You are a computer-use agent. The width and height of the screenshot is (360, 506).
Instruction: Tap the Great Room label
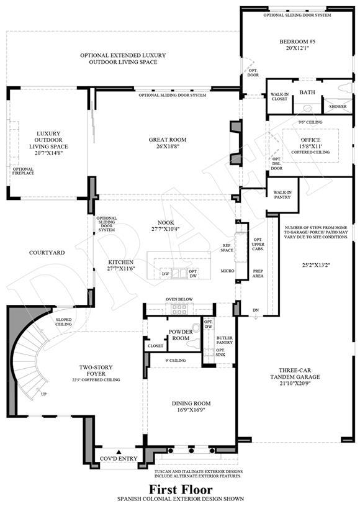tap(168, 140)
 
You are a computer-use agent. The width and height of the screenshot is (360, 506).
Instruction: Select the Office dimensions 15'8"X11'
tap(310, 146)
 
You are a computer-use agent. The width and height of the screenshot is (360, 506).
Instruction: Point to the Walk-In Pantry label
tap(282, 194)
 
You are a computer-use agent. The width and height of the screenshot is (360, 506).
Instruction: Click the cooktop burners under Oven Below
tap(178, 309)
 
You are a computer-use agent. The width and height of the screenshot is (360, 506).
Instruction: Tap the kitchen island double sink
tap(179, 273)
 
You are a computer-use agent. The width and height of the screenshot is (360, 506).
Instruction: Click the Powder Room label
tap(181, 335)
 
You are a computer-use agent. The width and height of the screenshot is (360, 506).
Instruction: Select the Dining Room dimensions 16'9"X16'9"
tap(191, 410)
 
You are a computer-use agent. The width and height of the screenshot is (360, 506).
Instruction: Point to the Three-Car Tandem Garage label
tap(295, 374)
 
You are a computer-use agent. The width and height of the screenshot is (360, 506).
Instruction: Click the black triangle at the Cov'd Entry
tap(119, 452)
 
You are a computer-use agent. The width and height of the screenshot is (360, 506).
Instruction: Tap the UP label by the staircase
tap(44, 394)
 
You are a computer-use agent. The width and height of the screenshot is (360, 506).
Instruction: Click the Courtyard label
tap(47, 253)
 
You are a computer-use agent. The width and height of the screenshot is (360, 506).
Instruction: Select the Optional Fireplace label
tap(23, 171)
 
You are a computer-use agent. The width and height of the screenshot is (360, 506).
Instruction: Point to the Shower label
tap(338, 107)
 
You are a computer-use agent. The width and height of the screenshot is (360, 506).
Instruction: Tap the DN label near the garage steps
tap(256, 310)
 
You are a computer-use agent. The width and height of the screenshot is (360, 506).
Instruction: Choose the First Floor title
tap(181, 489)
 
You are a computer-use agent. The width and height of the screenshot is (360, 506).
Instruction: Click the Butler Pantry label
tap(225, 340)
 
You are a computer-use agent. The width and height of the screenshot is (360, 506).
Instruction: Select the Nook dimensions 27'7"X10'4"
tap(166, 229)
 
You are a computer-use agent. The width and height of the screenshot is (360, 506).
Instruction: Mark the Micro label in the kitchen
tap(227, 271)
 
